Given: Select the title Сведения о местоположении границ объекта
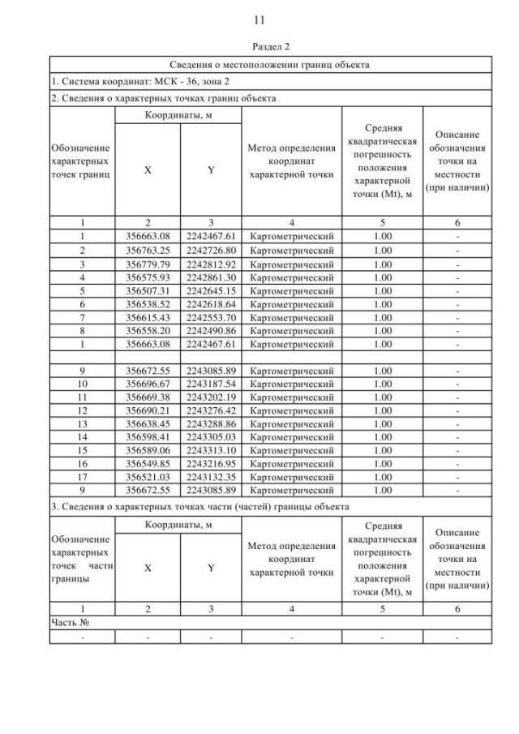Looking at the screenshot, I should [x=269, y=65].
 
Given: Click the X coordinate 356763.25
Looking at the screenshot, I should [x=147, y=250].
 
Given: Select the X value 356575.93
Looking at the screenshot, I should [x=147, y=277].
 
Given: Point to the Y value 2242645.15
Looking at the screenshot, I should [x=211, y=290].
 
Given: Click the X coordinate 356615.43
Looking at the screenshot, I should [x=147, y=317].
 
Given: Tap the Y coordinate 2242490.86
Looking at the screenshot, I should [x=211, y=330].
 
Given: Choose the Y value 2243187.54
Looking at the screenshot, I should [x=211, y=384].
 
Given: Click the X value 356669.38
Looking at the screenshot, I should [x=147, y=397].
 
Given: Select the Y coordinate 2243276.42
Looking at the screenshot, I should [x=211, y=410].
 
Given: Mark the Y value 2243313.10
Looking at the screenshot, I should [x=211, y=450].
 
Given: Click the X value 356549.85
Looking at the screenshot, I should [x=147, y=463].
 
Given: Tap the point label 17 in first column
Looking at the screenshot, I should [x=82, y=477].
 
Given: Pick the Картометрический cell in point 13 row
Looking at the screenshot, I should [x=292, y=423].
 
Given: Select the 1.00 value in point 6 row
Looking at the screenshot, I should [x=382, y=303].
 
